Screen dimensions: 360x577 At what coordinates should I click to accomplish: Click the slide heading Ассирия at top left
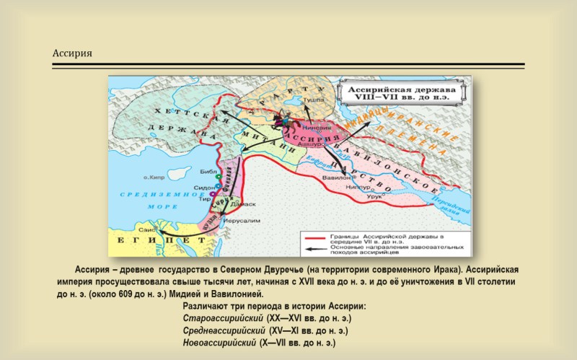pos(72,54)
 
